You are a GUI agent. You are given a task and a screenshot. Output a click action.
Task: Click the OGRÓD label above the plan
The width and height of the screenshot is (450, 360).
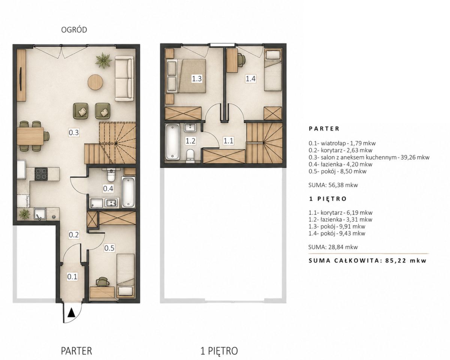(x=74, y=30)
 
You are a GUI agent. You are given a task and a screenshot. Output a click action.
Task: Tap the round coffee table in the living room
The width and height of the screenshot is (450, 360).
(x=96, y=82)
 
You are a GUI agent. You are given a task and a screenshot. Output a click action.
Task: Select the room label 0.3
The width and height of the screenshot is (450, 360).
(x=74, y=133)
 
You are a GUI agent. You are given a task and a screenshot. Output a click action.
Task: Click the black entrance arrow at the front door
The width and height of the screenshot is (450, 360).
(x=72, y=313)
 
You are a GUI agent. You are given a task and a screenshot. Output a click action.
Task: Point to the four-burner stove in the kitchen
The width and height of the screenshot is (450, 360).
(x=41, y=174)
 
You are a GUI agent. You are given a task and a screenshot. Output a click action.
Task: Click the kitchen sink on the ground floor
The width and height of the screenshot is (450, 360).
(x=40, y=214)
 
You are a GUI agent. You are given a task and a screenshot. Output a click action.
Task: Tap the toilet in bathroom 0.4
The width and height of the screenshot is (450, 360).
(x=111, y=175)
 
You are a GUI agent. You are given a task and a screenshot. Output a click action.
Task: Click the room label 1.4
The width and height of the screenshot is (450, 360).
(x=250, y=79)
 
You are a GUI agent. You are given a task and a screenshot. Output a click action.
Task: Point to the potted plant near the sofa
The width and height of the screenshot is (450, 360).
(x=103, y=60)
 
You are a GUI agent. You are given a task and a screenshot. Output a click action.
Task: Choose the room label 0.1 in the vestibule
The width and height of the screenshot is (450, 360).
(x=72, y=277)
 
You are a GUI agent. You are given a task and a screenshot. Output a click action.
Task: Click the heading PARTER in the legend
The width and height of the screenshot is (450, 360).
(x=324, y=128)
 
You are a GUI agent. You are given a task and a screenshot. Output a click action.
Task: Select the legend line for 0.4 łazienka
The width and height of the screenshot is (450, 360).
(x=340, y=164)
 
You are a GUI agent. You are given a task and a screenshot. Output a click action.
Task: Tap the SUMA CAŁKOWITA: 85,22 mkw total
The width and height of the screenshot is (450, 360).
(x=367, y=261)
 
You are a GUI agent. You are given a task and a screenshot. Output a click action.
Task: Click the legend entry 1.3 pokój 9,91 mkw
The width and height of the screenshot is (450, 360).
(x=337, y=227)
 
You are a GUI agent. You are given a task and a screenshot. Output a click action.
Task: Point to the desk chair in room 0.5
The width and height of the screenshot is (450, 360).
(x=103, y=281)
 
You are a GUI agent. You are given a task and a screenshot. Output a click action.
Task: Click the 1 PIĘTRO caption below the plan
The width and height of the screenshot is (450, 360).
(x=219, y=333)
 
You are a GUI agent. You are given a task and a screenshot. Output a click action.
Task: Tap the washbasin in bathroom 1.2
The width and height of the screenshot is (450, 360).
(x=190, y=127)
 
